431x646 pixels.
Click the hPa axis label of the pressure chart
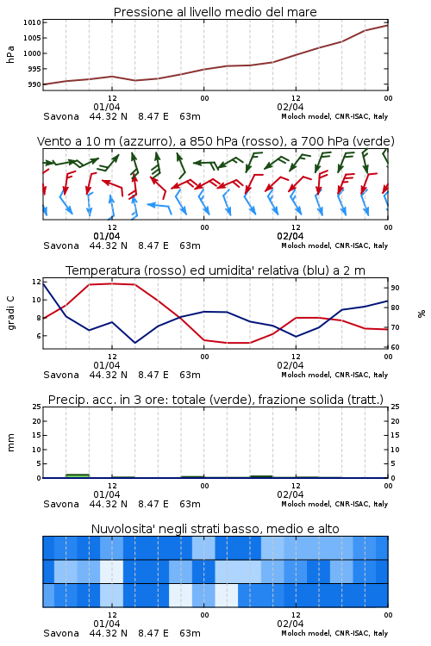click(10, 54)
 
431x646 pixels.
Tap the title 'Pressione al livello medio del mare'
click(215, 12)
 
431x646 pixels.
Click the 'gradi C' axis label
click(10, 313)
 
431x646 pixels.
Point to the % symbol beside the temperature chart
click(422, 314)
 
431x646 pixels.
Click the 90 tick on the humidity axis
click(395, 288)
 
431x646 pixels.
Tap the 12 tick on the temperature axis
click(36, 282)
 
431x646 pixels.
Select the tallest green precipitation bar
click(78, 475)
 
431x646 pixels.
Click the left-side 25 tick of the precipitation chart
click(36, 407)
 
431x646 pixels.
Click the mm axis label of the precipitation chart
click(10, 443)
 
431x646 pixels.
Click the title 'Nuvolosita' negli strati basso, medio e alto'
click(215, 529)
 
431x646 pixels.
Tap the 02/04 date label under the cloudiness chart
click(290, 624)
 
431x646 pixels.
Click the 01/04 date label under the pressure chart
click(107, 107)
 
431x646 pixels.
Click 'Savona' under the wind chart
click(61, 245)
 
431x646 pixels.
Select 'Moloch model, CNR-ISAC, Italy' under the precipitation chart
click(334, 504)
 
